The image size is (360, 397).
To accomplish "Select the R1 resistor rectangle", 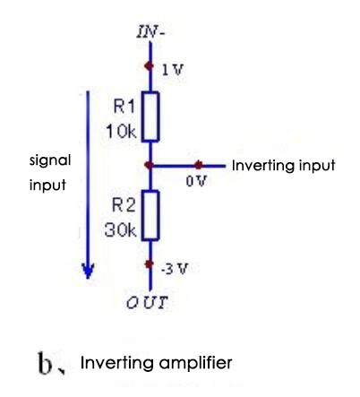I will click(150, 117).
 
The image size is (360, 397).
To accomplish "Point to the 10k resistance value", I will click(120, 131).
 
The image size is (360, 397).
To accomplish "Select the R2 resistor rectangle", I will click(150, 216).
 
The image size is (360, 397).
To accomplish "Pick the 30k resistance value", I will click(120, 230).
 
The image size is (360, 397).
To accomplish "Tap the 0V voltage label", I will click(192, 182).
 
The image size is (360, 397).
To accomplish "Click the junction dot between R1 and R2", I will click(150, 166).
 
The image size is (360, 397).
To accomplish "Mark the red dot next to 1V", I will click(150, 65).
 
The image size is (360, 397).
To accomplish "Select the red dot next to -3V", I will click(150, 266).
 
